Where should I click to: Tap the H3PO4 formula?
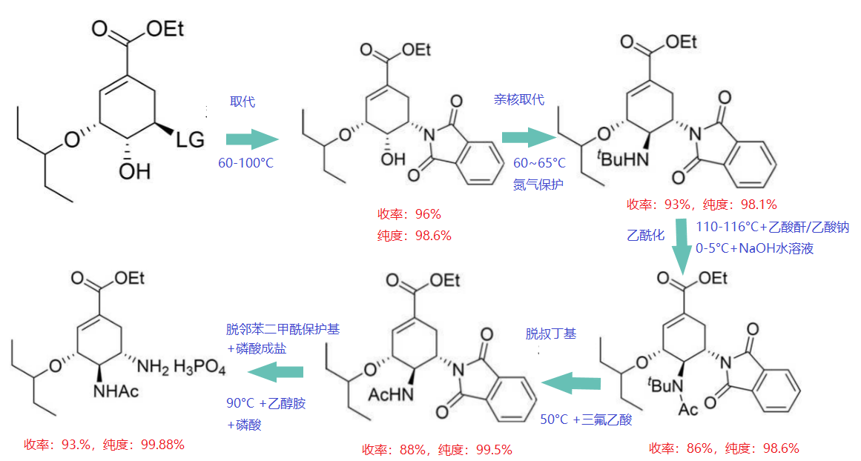(199, 367)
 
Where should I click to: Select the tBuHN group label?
(623, 159)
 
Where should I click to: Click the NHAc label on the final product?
(115, 391)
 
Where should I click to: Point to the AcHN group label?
(390, 394)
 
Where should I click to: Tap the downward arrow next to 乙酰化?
(682, 246)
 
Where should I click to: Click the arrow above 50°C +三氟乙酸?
(571, 382)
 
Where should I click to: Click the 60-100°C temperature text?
(245, 163)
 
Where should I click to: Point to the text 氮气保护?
(538, 185)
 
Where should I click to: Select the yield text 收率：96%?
(409, 214)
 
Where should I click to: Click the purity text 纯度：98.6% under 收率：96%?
(414, 236)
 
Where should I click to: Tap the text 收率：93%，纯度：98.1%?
(702, 205)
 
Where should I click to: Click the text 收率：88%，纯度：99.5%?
(437, 450)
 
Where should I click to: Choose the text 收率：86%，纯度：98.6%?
(724, 448)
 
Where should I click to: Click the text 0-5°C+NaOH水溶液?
(754, 248)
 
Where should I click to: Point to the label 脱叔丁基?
(551, 334)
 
